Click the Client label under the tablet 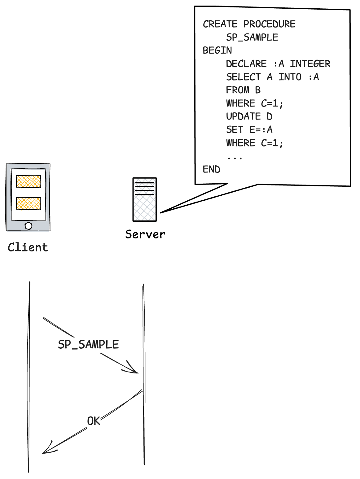pyautogui.click(x=28, y=247)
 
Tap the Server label pyautogui.click(x=145, y=234)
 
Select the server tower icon pyautogui.click(x=145, y=200)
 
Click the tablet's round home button pyautogui.click(x=28, y=226)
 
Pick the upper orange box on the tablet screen pyautogui.click(x=29, y=181)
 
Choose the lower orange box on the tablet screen pyautogui.click(x=29, y=203)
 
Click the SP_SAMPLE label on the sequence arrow pyautogui.click(x=88, y=344)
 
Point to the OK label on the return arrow pyautogui.click(x=94, y=421)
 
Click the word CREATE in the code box pyautogui.click(x=220, y=24)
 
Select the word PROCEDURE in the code pyautogui.click(x=269, y=24)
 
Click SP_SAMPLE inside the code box pyautogui.click(x=252, y=37)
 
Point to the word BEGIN pyautogui.click(x=217, y=50)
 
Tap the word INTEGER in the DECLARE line pyautogui.click(x=310, y=64)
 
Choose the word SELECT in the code pyautogui.click(x=243, y=77)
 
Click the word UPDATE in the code pyautogui.click(x=243, y=116)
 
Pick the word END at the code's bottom pyautogui.click(x=211, y=169)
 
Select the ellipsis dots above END pyautogui.click(x=235, y=158)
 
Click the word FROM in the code pyautogui.click(x=237, y=90)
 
